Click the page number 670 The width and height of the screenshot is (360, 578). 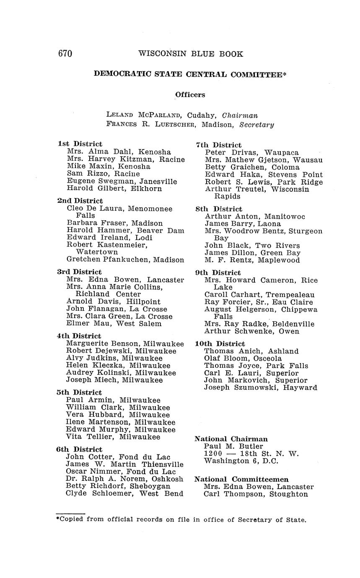tap(65, 54)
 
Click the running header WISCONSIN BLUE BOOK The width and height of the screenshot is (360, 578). tap(191, 54)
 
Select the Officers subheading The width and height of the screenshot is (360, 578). tap(190, 95)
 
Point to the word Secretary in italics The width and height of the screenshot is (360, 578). tap(256, 124)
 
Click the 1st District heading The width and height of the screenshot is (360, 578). tap(80, 144)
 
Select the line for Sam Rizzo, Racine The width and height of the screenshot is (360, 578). tap(103, 174)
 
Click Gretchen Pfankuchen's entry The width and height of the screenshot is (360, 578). tap(125, 260)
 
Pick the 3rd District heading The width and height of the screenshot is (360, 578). tap(79, 272)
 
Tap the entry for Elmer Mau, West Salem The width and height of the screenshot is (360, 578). tap(114, 323)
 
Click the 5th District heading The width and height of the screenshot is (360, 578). tap(79, 392)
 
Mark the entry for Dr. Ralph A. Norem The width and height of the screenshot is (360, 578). tap(124, 479)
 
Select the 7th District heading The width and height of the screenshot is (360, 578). tap(218, 145)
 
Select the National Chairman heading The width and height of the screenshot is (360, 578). tap(231, 439)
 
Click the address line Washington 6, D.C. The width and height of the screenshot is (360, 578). tap(241, 461)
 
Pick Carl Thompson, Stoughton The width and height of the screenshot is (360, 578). tap(256, 494)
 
